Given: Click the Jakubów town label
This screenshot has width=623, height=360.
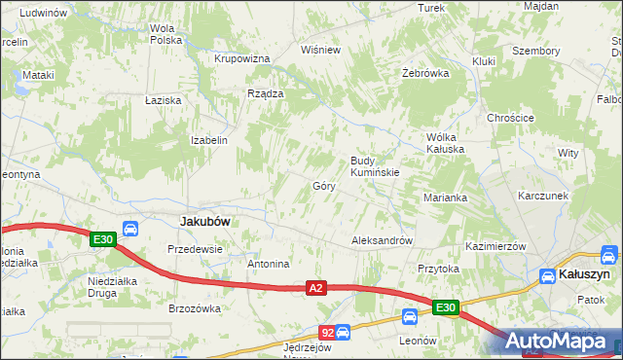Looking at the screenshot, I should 205,222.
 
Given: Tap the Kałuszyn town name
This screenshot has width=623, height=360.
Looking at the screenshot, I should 582,276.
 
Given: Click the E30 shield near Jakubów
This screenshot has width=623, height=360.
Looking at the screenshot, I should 102,238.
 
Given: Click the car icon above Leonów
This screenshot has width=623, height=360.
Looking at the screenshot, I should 411,316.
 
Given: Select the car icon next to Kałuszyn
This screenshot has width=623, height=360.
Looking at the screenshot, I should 608,256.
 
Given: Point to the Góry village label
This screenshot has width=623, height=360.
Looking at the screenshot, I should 324,186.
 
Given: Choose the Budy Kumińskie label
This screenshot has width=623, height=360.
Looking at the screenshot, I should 375,166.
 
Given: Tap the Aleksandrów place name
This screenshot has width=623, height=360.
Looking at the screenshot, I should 383,240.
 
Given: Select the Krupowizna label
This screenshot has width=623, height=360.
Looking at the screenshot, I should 241,58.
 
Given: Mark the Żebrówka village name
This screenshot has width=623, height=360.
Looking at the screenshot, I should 425,73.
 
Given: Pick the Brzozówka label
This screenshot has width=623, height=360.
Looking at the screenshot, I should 195,308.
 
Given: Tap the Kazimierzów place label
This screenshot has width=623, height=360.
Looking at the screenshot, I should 495,247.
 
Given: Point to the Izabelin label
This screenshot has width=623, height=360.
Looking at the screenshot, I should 209,140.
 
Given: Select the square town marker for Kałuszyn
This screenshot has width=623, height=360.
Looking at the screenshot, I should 547,276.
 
